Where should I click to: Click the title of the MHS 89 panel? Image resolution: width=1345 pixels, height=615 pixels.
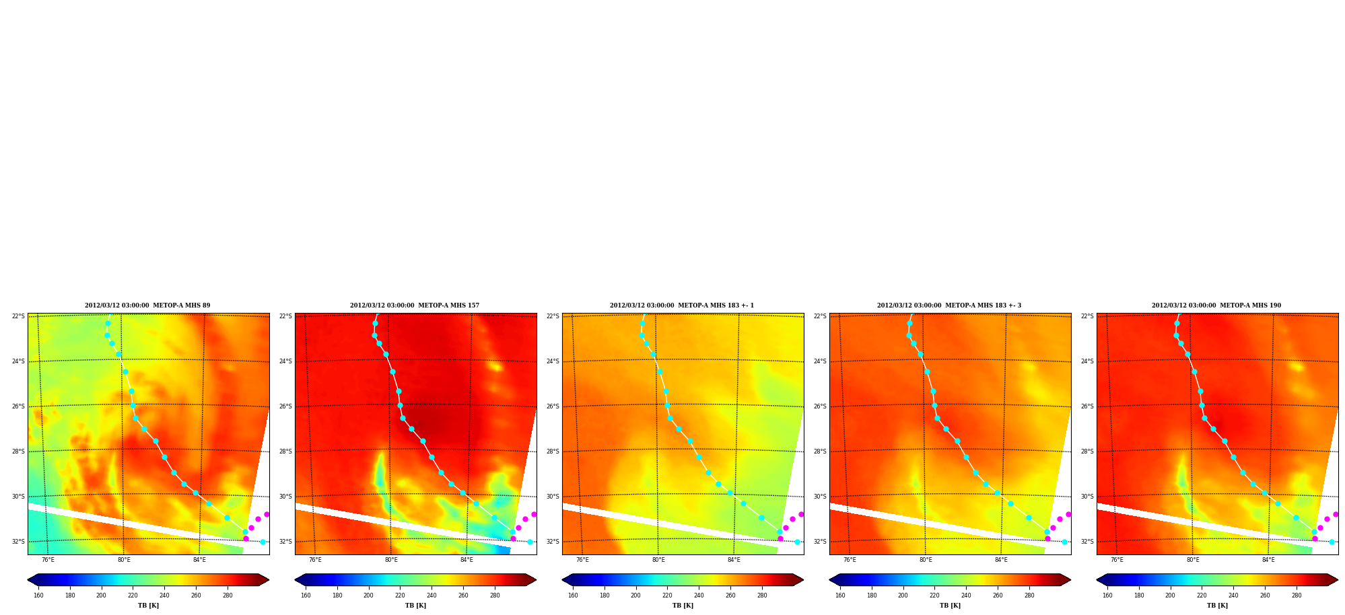click(x=147, y=305)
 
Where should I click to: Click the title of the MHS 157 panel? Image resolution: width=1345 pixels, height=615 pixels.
click(x=415, y=305)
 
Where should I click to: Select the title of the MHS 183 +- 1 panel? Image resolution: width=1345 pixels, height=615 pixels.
click(x=682, y=305)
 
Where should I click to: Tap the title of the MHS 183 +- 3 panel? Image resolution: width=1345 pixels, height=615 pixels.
click(x=949, y=305)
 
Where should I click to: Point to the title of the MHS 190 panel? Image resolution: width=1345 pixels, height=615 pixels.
click(x=1216, y=305)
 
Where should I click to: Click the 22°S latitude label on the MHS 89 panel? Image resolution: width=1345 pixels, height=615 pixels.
click(x=18, y=316)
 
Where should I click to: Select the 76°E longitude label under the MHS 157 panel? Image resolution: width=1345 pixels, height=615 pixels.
click(x=315, y=560)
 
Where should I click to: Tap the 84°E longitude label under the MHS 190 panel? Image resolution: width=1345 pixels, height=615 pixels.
click(x=1268, y=560)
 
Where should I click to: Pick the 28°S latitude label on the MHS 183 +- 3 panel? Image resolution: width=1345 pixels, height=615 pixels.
click(x=820, y=451)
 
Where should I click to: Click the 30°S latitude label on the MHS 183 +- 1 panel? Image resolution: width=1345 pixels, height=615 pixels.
click(x=553, y=497)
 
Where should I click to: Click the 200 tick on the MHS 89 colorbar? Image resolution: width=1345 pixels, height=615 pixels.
click(x=101, y=595)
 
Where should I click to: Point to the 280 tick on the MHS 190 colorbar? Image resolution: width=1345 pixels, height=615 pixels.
click(x=1297, y=595)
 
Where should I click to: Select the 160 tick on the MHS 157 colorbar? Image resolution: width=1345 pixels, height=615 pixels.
click(x=306, y=595)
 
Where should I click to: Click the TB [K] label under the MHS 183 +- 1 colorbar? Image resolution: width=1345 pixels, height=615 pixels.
click(x=683, y=606)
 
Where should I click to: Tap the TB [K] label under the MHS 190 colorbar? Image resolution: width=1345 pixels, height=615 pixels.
click(x=1217, y=606)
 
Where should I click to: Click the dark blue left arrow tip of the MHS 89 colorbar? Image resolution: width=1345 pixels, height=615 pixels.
click(x=28, y=580)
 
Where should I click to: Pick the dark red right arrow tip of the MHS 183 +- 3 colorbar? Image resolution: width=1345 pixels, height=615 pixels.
click(x=1070, y=580)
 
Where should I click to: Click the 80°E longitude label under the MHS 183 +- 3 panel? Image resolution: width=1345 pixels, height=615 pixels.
click(x=926, y=560)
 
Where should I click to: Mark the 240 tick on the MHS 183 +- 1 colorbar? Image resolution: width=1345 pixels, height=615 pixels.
click(x=699, y=595)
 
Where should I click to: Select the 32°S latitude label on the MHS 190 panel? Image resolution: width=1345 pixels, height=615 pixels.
click(x=1087, y=542)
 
